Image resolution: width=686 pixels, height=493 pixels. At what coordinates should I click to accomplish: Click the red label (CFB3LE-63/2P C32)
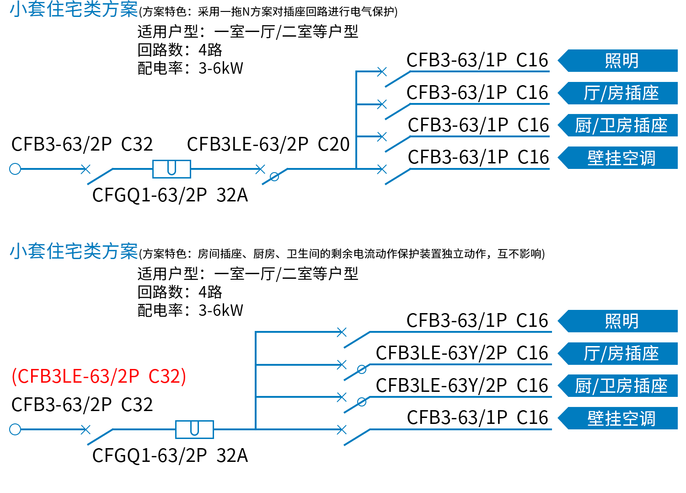(99, 376)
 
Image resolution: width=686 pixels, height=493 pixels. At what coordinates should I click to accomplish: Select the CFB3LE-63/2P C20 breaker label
(268, 144)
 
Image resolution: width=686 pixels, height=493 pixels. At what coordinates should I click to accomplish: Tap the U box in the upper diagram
(171, 169)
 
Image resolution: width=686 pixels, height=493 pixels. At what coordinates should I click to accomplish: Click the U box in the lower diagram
(194, 429)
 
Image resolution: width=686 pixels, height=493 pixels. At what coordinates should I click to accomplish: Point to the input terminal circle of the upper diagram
(15, 169)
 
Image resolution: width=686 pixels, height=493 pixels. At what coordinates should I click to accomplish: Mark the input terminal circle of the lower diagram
(15, 429)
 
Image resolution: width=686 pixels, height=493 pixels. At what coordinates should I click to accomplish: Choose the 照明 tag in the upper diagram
(621, 61)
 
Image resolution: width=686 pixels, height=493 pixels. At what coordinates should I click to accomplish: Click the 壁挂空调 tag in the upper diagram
(621, 158)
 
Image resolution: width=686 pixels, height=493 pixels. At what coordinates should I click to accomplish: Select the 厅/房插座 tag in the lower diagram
(621, 353)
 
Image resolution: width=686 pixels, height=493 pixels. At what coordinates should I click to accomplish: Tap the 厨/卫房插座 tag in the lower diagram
(621, 386)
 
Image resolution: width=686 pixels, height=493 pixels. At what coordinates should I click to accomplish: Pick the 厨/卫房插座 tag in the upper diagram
(621, 125)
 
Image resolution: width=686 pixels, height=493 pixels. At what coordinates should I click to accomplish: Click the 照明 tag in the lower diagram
(621, 321)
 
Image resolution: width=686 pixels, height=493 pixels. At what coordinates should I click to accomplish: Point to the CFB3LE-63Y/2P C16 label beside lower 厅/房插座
(462, 353)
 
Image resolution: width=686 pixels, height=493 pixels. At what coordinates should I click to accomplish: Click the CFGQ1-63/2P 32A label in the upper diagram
(170, 195)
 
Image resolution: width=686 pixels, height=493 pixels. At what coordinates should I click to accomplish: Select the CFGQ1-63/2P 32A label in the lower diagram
(170, 455)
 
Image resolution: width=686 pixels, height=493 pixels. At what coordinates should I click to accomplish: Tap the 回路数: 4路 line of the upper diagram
(180, 50)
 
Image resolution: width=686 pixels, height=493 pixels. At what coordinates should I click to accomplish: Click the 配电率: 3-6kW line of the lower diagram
(190, 310)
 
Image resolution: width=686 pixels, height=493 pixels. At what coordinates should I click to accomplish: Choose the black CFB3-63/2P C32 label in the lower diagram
(82, 405)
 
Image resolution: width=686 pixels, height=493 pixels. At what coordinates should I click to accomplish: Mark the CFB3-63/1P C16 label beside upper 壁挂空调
(478, 157)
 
